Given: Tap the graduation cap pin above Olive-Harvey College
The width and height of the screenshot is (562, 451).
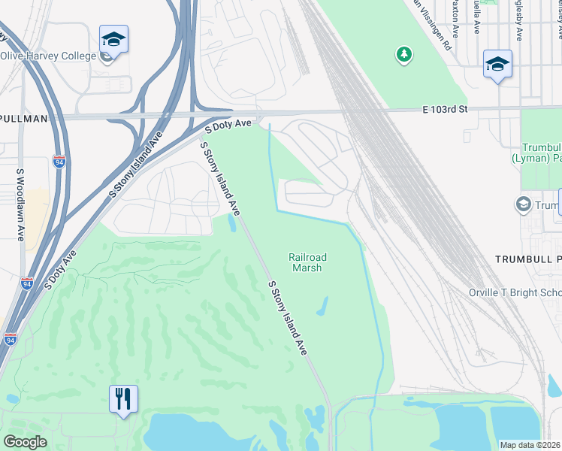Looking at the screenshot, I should point(113,38).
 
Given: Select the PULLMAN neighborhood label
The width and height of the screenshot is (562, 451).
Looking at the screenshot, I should point(24,119).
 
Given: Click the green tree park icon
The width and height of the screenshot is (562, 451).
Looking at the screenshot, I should point(404,54).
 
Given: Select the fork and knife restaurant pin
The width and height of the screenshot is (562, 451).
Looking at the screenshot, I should point(123,398).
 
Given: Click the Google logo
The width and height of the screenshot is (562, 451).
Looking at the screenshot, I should point(26,441).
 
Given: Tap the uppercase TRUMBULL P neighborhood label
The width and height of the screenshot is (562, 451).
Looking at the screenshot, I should point(527,259).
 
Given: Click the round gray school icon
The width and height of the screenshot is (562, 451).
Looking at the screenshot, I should point(523,204).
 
